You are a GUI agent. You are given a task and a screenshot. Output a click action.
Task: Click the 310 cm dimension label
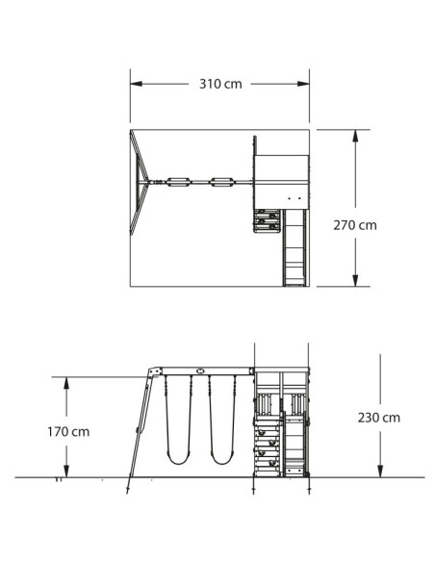pos(220,84)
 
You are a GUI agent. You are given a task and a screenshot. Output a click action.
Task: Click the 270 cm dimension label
pos(355,225)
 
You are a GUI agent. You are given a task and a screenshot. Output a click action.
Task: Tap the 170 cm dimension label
pos(68,431)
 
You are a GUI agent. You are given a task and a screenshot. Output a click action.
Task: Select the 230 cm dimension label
pos(379,418)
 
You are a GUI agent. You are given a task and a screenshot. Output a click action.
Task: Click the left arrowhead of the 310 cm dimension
pos(136,84)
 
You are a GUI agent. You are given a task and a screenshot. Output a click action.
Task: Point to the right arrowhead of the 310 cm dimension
pos(303,84)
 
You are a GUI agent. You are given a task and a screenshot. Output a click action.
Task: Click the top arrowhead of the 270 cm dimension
pos(355,136)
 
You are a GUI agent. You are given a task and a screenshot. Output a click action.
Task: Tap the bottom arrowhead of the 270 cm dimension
pos(355,280)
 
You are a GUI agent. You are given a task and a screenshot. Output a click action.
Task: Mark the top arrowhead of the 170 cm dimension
pos(66,383)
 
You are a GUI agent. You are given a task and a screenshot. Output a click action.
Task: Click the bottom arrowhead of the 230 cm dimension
pos(380,471)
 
